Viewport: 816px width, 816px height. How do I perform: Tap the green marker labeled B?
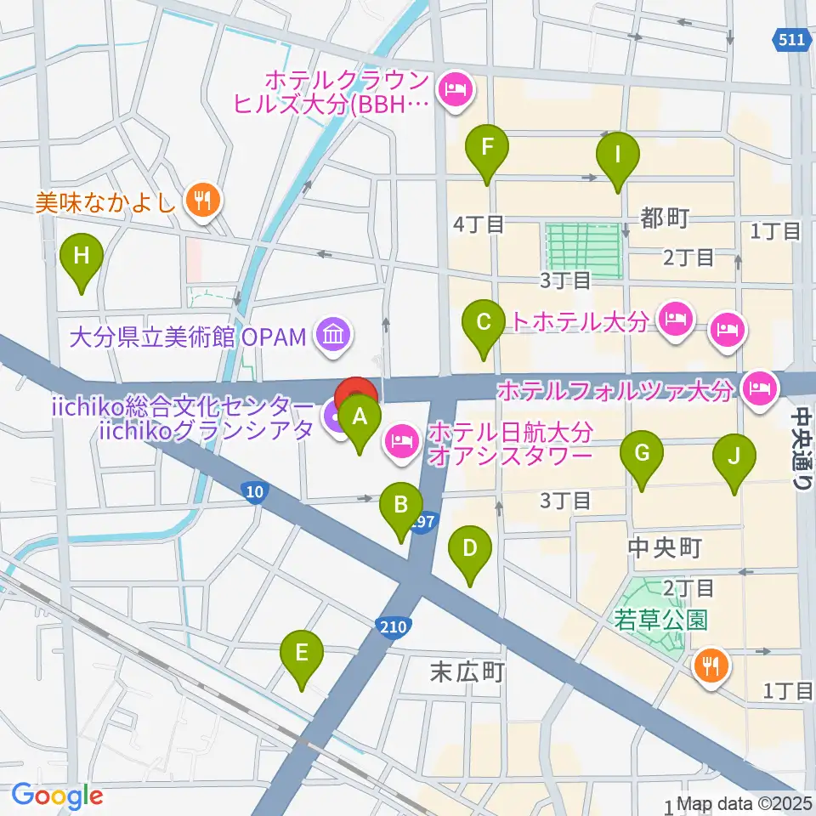[x=400, y=506]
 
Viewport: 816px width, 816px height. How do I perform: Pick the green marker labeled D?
[x=470, y=548]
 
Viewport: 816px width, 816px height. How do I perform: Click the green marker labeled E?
[x=301, y=653]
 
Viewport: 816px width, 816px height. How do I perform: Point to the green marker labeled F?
[x=487, y=148]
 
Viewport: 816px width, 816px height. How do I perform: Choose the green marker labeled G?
[x=642, y=454]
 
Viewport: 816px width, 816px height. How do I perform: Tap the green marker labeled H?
[x=82, y=256]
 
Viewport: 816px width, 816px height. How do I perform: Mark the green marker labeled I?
[x=618, y=156]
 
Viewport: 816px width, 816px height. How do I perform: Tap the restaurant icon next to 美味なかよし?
[x=202, y=201]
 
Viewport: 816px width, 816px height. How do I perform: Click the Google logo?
[x=57, y=796]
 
